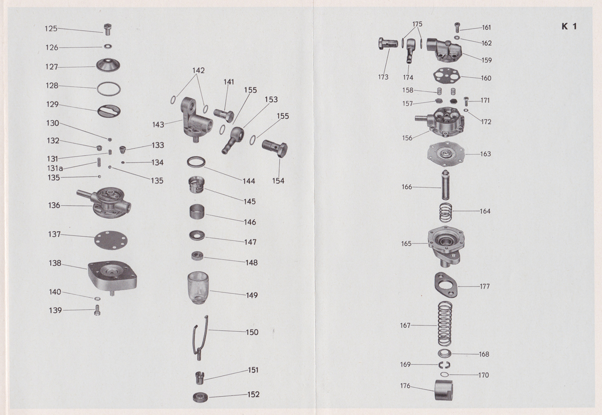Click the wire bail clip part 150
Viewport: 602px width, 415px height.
pos(200,336)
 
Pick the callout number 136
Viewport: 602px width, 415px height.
pos(54,205)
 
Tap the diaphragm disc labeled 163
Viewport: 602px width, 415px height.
pos(444,153)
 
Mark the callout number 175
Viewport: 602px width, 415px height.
pos(417,24)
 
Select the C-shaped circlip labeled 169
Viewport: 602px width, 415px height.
pos(444,364)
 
